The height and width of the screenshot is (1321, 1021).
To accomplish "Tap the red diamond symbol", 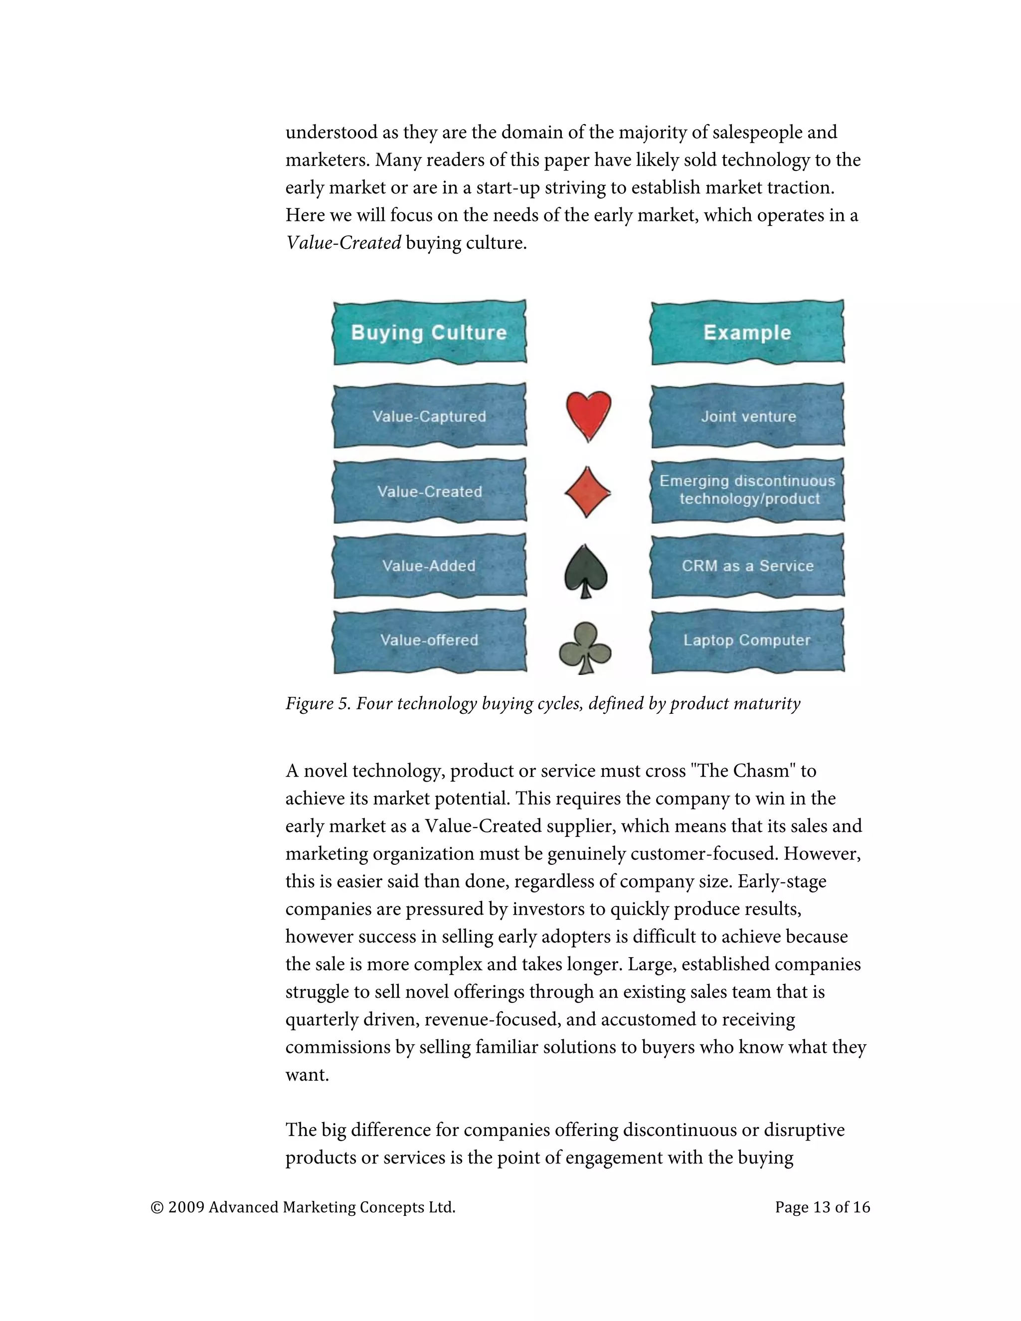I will tap(587, 492).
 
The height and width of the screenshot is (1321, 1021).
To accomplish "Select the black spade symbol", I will tap(585, 570).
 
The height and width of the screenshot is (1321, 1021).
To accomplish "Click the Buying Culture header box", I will tap(429, 332).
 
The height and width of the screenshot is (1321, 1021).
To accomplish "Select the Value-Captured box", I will tap(429, 416).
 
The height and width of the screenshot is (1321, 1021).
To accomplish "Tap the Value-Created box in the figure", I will tap(429, 491).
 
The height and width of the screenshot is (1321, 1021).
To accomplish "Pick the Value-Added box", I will tap(429, 566).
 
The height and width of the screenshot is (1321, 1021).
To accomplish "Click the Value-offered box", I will tap(429, 641).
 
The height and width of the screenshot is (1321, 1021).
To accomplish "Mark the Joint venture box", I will tap(748, 416).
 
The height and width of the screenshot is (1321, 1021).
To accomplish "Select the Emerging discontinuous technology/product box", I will tap(748, 490).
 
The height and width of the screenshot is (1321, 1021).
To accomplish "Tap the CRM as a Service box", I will tap(748, 566).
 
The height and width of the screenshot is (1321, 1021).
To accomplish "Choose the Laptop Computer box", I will tap(748, 641).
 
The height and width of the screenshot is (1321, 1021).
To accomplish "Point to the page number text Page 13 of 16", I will tap(822, 1207).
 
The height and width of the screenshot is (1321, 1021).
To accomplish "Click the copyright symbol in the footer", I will tap(157, 1208).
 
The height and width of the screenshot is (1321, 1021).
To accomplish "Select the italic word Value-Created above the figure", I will tap(343, 243).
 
